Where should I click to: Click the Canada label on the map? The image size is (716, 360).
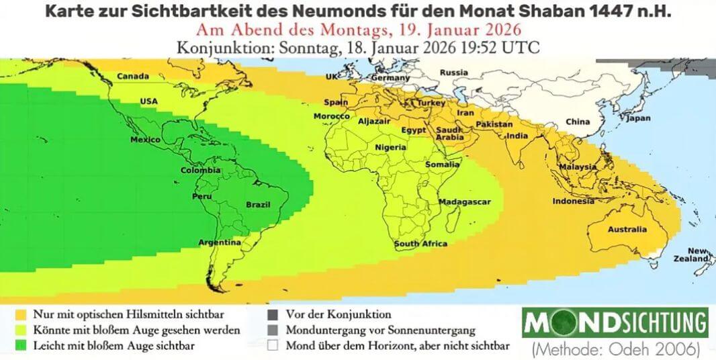click(133, 77)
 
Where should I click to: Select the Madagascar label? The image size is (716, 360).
click(465, 201)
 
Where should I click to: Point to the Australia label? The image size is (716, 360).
click(627, 230)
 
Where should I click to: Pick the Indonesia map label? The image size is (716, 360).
click(573, 201)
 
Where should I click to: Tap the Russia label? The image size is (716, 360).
click(454, 73)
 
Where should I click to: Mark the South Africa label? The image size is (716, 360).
click(420, 244)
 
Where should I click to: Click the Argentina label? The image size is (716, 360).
click(220, 242)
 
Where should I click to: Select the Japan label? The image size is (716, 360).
click(638, 118)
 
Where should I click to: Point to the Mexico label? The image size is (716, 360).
click(144, 140)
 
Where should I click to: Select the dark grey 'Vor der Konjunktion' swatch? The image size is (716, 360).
click(271, 314)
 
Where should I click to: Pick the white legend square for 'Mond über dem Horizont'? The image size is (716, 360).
click(271, 347)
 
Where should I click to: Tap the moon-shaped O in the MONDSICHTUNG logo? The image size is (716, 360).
click(571, 324)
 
